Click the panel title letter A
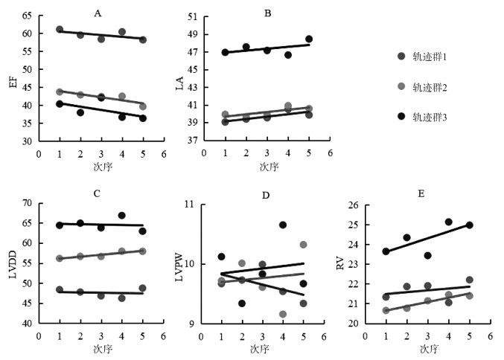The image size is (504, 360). point(98,13)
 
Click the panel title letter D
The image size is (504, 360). point(265,195)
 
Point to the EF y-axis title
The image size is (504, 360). point(12,80)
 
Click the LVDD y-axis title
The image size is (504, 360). point(12,263)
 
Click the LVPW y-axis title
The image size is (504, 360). point(180,264)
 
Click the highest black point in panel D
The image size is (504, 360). point(283,225)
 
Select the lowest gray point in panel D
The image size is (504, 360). point(283,314)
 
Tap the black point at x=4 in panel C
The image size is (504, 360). point(121,216)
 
